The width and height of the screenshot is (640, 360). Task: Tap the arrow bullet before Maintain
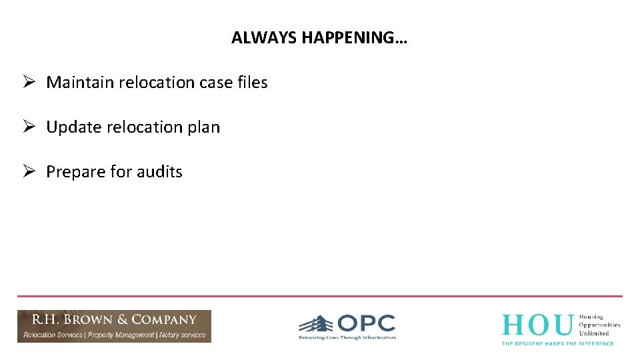pyautogui.click(x=28, y=82)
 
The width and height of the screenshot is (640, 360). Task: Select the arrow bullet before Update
pyautogui.click(x=28, y=127)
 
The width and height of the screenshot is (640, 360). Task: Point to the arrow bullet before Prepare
pyautogui.click(x=28, y=171)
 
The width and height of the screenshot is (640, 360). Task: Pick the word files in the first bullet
pyautogui.click(x=252, y=83)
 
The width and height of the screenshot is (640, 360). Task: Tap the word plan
pyautogui.click(x=203, y=127)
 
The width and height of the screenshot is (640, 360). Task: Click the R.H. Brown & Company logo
pyautogui.click(x=114, y=326)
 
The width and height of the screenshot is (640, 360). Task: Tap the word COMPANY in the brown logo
pyautogui.click(x=164, y=320)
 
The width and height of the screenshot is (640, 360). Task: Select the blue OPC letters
pyautogui.click(x=366, y=323)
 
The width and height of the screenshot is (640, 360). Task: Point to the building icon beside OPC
pyautogui.click(x=316, y=325)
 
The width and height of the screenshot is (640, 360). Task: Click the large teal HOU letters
pyautogui.click(x=537, y=325)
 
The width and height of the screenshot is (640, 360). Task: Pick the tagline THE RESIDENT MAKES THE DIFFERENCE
pyautogui.click(x=557, y=343)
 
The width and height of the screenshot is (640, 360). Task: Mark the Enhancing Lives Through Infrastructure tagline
pyautogui.click(x=347, y=338)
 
